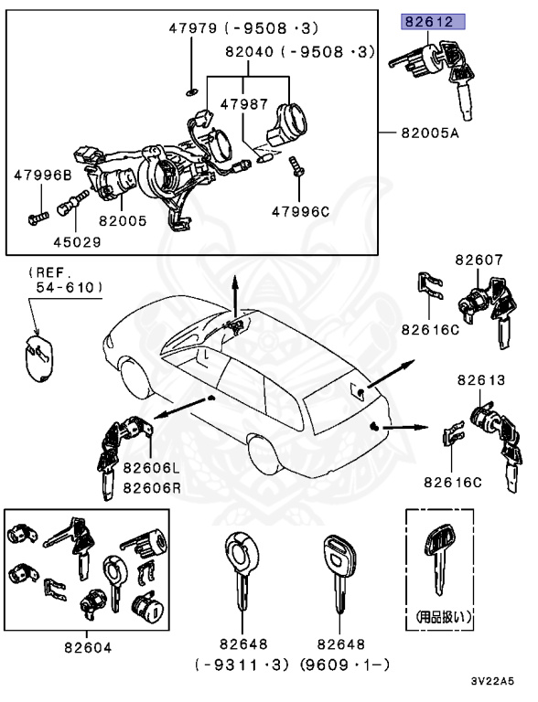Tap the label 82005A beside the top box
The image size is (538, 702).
[x=429, y=133]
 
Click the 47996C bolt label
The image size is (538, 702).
[x=300, y=211]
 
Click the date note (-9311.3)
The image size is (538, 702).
[x=242, y=665]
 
